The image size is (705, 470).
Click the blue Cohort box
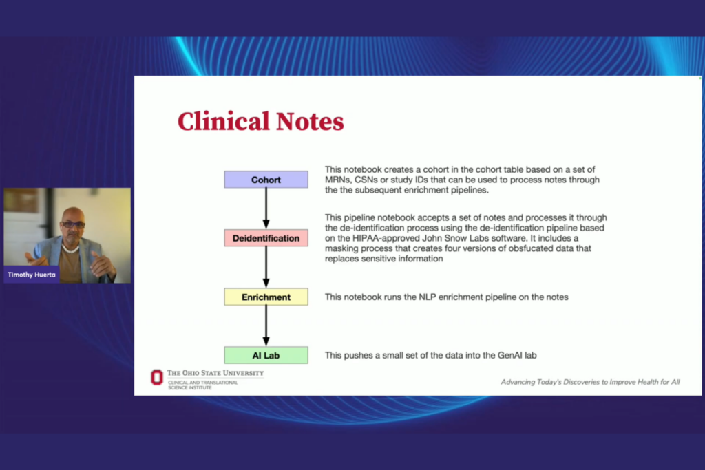pyautogui.click(x=266, y=180)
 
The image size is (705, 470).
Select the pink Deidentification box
pyautogui.click(x=266, y=238)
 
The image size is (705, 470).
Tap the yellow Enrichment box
pyautogui.click(x=266, y=297)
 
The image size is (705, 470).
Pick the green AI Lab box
pyautogui.click(x=266, y=355)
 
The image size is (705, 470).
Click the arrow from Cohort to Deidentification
pyautogui.click(x=266, y=209)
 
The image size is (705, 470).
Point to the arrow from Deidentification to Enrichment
pyautogui.click(x=266, y=267)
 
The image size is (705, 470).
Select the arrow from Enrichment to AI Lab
pyautogui.click(x=266, y=325)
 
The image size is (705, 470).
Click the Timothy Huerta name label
pyautogui.click(x=32, y=275)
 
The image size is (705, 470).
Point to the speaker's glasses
pyautogui.click(x=72, y=225)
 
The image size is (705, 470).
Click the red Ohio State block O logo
pyautogui.click(x=157, y=377)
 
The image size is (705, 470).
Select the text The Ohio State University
pyautogui.click(x=215, y=373)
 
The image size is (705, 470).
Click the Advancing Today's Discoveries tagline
pyautogui.click(x=590, y=382)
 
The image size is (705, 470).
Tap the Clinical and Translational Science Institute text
pyautogui.click(x=203, y=385)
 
